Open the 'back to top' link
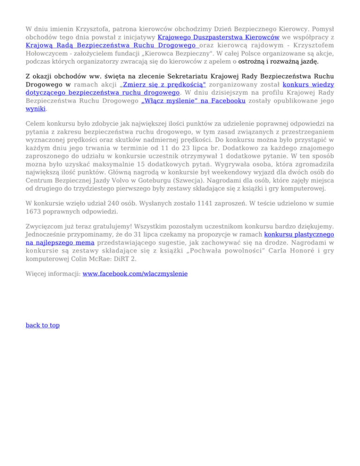tap(43, 325)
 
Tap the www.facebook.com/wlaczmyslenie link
tap(135, 273)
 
